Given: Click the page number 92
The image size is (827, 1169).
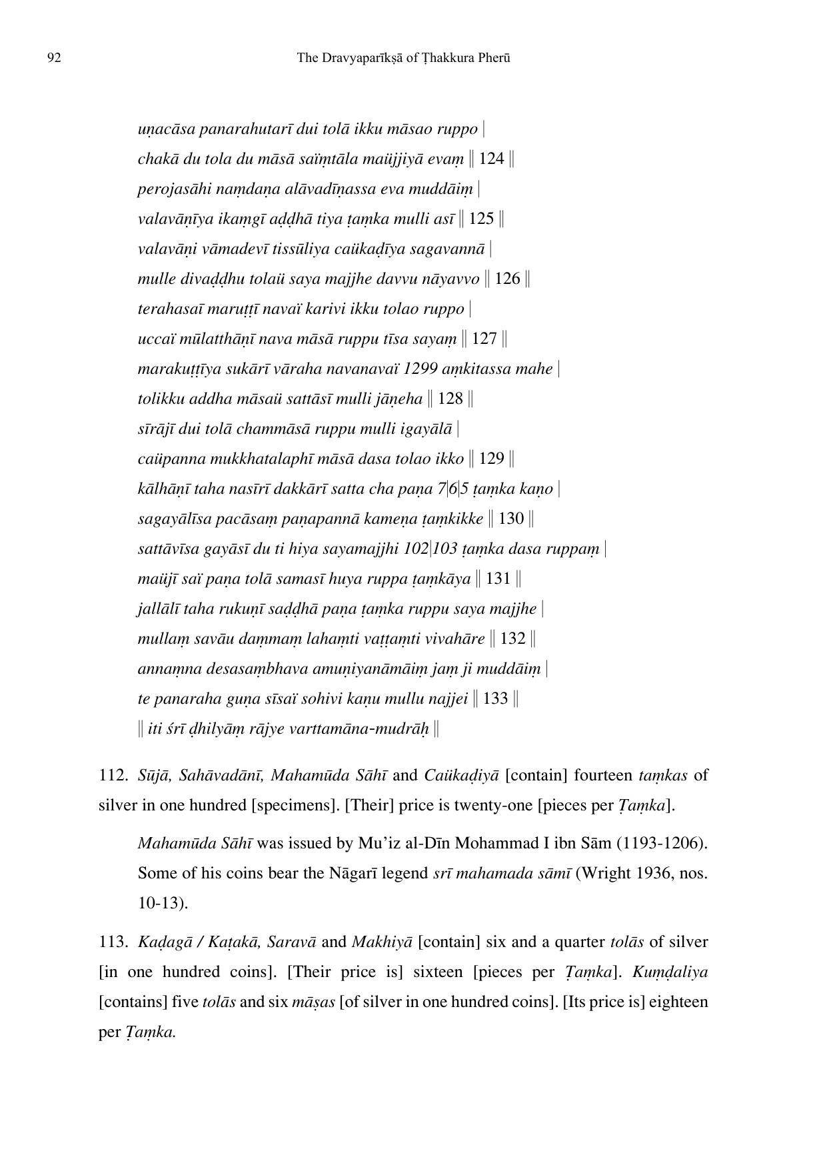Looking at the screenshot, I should point(55,58).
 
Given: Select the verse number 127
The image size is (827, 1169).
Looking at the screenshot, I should point(484,339).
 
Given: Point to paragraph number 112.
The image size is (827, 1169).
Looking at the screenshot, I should point(113,775).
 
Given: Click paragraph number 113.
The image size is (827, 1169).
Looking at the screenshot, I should point(113,942).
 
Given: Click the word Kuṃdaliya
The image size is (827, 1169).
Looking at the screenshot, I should point(670,972).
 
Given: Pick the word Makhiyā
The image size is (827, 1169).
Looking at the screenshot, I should point(383,942).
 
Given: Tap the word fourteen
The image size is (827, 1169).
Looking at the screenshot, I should point(602,775).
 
